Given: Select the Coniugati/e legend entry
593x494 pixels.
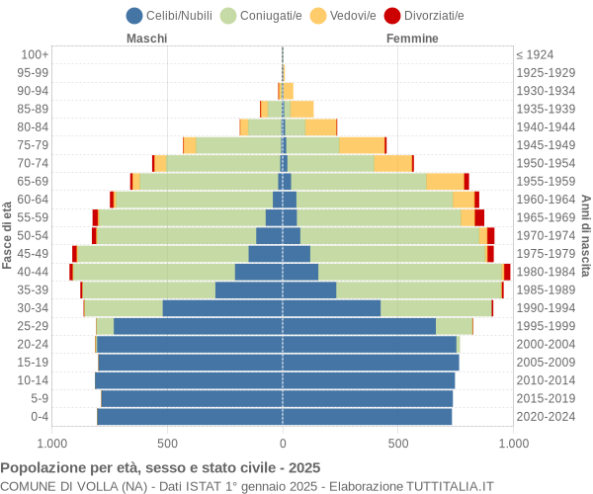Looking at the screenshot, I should pyautogui.click(x=261, y=15).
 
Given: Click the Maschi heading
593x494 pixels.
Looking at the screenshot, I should pyautogui.click(x=146, y=39).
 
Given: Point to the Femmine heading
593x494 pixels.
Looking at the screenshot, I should pyautogui.click(x=412, y=39).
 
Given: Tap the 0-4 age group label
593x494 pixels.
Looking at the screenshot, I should pyautogui.click(x=40, y=417).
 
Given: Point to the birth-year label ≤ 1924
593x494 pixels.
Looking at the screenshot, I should pyautogui.click(x=535, y=54).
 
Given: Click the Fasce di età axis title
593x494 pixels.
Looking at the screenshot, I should pyautogui.click(x=8, y=235).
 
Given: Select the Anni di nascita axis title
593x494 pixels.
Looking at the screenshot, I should pyautogui.click(x=585, y=235).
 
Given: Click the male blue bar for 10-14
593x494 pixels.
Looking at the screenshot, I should pyautogui.click(x=189, y=380).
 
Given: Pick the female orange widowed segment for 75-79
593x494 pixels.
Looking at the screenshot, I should pyautogui.click(x=362, y=145).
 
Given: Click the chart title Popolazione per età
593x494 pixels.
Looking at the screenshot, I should pyautogui.click(x=160, y=467).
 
